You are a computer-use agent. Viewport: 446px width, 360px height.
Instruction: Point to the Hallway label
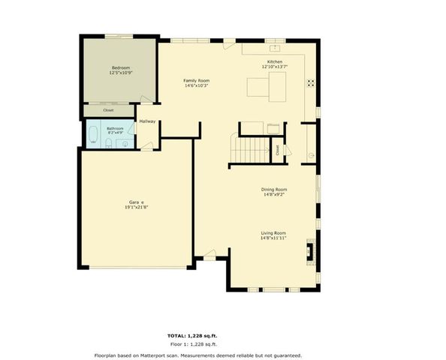tap(147, 121)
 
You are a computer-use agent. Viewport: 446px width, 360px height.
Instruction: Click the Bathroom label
tap(115, 129)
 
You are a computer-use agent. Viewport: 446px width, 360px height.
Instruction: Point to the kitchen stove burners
tap(309, 83)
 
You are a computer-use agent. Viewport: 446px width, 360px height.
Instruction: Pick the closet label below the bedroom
tap(109, 111)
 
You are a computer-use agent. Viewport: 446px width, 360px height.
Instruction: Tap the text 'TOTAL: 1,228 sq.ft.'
tap(198, 334)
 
